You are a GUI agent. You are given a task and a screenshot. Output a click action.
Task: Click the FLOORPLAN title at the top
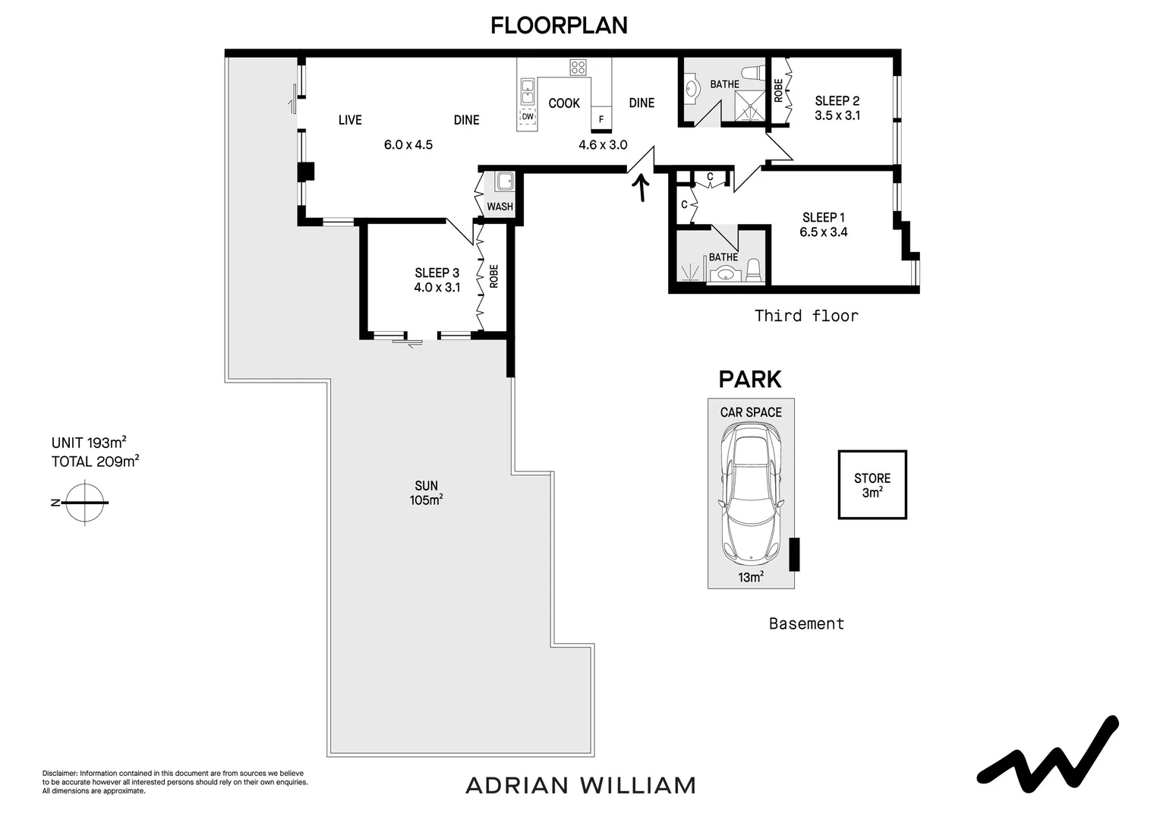tap(559, 25)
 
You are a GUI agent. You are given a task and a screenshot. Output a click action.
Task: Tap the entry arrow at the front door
tap(641, 188)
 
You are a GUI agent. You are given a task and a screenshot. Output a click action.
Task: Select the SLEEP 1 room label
tap(823, 218)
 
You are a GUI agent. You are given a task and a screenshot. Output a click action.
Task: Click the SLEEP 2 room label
tap(837, 101)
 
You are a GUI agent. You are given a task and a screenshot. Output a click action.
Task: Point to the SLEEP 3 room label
tap(437, 273)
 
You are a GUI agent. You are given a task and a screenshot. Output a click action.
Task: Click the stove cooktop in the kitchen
tap(578, 68)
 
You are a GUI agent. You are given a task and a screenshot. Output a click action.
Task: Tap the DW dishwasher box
tap(527, 117)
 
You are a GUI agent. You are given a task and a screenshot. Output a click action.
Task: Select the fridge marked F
tap(601, 119)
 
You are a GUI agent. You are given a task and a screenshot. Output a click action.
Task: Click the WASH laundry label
tap(500, 207)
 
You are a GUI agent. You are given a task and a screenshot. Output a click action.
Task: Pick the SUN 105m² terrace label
tap(426, 493)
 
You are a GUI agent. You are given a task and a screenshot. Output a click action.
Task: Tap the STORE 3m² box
tap(872, 485)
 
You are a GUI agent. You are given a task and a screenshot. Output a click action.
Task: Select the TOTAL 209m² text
tap(95, 461)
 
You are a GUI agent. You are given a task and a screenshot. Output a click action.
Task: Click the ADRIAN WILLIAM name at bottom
tap(581, 785)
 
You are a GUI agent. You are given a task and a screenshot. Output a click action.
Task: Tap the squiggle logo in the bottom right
tap(1048, 752)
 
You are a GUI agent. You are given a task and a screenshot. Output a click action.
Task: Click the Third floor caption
tap(806, 316)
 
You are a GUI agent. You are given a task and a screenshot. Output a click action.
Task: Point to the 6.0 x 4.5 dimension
tap(408, 144)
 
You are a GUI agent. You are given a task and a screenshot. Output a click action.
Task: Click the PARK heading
tap(750, 378)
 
